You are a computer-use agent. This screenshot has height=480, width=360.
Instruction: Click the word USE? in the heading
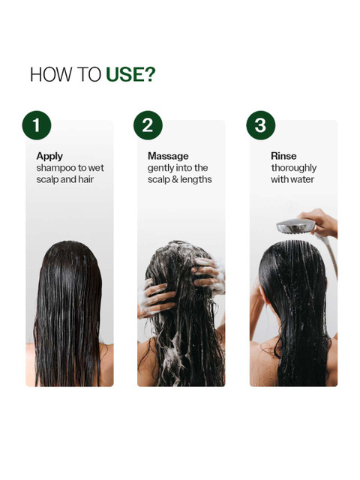(130, 74)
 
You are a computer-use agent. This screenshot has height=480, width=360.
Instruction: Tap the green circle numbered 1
(37, 125)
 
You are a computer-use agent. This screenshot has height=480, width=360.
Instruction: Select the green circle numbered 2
(148, 125)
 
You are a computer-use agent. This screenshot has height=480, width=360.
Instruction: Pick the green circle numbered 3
(261, 125)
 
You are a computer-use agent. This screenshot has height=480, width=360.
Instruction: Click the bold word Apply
(49, 157)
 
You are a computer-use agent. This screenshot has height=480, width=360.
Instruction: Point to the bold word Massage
(168, 157)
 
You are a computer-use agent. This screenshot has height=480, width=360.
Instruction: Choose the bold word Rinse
(283, 156)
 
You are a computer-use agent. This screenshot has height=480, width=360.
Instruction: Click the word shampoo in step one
(56, 168)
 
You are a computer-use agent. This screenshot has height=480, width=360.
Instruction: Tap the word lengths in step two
(196, 180)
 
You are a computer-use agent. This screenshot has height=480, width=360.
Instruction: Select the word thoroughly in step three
(294, 168)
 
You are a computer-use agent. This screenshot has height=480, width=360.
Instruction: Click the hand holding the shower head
(320, 222)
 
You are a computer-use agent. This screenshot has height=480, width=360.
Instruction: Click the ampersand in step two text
(175, 180)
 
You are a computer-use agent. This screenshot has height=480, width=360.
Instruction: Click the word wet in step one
(96, 168)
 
